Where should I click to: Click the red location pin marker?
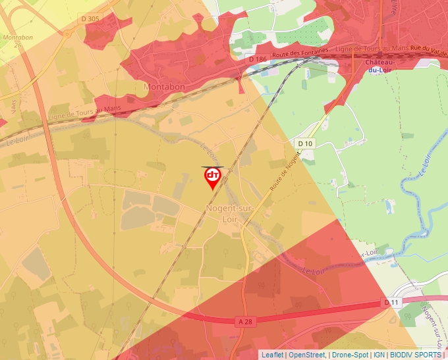[213, 177]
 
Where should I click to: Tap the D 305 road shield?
[90, 19]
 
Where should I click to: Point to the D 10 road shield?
[304, 143]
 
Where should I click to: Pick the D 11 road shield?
[391, 302]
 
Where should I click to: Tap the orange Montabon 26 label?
[18, 41]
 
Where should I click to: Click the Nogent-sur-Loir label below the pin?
[221, 213]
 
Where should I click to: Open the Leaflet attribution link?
[272, 355]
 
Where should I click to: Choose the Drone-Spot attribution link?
[350, 355]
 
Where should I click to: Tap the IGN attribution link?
[379, 355]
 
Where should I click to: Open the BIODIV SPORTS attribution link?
[416, 355]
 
